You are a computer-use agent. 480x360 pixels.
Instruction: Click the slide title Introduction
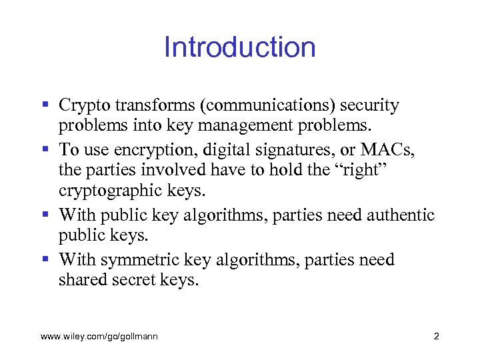click(x=239, y=47)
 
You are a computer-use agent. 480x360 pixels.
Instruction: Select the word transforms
click(x=143, y=105)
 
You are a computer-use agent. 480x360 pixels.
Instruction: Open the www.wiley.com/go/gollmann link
click(x=99, y=337)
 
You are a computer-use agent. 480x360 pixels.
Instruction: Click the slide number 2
click(x=436, y=337)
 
